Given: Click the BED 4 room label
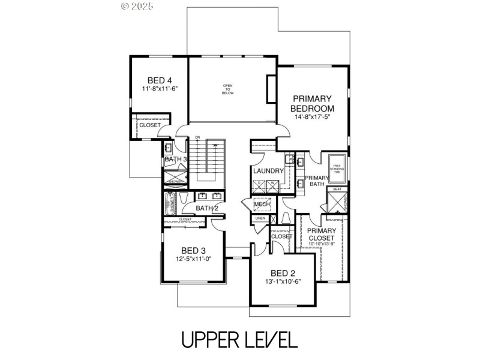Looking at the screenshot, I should point(160,80).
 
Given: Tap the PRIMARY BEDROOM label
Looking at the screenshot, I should point(312,103).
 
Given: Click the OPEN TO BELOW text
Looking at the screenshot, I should point(228,89).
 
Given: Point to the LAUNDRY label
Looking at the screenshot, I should point(268,171).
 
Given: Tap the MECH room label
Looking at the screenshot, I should point(261,205).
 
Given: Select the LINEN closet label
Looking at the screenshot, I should point(260,218).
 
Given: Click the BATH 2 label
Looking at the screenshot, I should point(207,208).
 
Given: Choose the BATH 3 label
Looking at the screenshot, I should point(176,159).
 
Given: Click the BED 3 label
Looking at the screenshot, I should point(194,250).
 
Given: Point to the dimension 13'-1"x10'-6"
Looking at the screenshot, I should point(283,282).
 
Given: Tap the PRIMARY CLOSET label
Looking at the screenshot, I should point(322,235).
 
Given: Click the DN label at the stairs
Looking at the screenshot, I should point(197,138).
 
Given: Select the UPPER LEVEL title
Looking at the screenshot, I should point(239,340).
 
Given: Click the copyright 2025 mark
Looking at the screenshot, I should point(137,6).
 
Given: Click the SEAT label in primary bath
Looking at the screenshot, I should point(337,190).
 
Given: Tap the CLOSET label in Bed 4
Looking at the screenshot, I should point(150,125).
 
